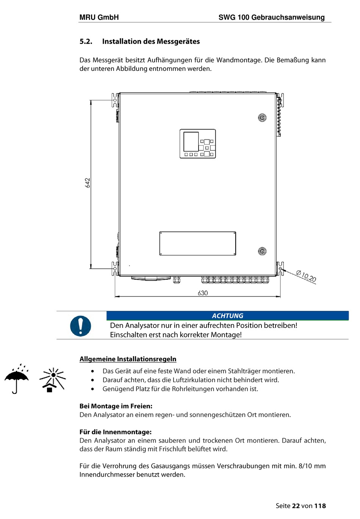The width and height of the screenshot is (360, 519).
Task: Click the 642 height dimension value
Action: point(88,183)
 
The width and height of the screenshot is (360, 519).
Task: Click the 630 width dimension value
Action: point(203,293)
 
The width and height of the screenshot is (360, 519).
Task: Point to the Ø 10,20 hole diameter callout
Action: point(306,276)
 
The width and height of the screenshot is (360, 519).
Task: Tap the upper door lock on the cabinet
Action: point(262,118)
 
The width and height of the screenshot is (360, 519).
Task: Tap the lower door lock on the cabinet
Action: point(262,251)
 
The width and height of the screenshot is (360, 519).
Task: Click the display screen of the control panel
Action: point(191,142)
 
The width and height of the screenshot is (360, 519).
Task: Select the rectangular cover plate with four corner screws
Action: point(197,243)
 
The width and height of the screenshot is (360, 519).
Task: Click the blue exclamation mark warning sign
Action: point(81,326)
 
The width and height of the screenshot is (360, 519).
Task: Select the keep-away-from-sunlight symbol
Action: point(53,379)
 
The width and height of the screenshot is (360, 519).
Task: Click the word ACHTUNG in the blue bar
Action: point(227,316)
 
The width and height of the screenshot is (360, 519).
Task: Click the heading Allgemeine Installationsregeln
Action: point(128,359)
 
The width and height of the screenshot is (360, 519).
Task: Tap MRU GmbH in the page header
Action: point(99,17)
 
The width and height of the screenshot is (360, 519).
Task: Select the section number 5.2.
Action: point(86,42)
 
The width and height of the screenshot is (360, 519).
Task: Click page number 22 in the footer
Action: point(296,506)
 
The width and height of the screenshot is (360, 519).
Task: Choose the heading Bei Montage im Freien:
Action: point(116,406)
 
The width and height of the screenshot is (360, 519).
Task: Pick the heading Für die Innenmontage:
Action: point(116,432)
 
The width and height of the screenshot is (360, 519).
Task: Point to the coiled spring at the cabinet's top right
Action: point(279,116)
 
